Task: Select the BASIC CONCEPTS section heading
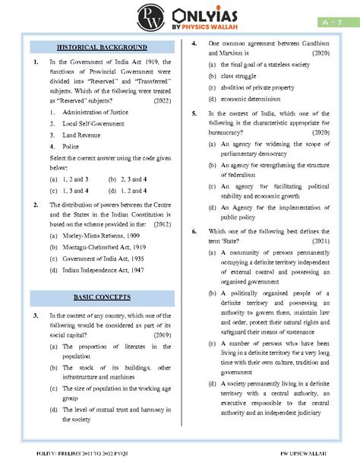[x=103, y=296]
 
